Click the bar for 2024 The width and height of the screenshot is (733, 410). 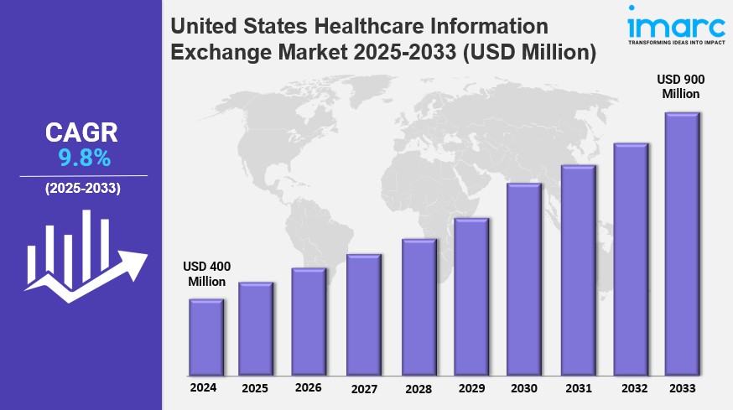pos(206,337)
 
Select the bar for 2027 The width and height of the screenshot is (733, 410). pos(364,314)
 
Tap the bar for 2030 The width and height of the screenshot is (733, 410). pos(523,279)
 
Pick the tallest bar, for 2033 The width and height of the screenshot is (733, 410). pos(682,244)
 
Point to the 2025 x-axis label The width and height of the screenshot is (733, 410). pos(255,389)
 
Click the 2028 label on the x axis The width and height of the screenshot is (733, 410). pos(418,389)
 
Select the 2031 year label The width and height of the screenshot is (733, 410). pos(577,388)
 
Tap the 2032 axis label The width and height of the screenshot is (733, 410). pos(631,388)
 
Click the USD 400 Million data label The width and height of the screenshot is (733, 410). pos(206,274)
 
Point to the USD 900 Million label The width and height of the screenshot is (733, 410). pos(680,86)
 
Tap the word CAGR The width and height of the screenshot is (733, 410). pos(81,132)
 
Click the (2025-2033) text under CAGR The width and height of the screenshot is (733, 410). pos(82,188)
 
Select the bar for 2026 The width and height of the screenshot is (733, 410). pos(309,322)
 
